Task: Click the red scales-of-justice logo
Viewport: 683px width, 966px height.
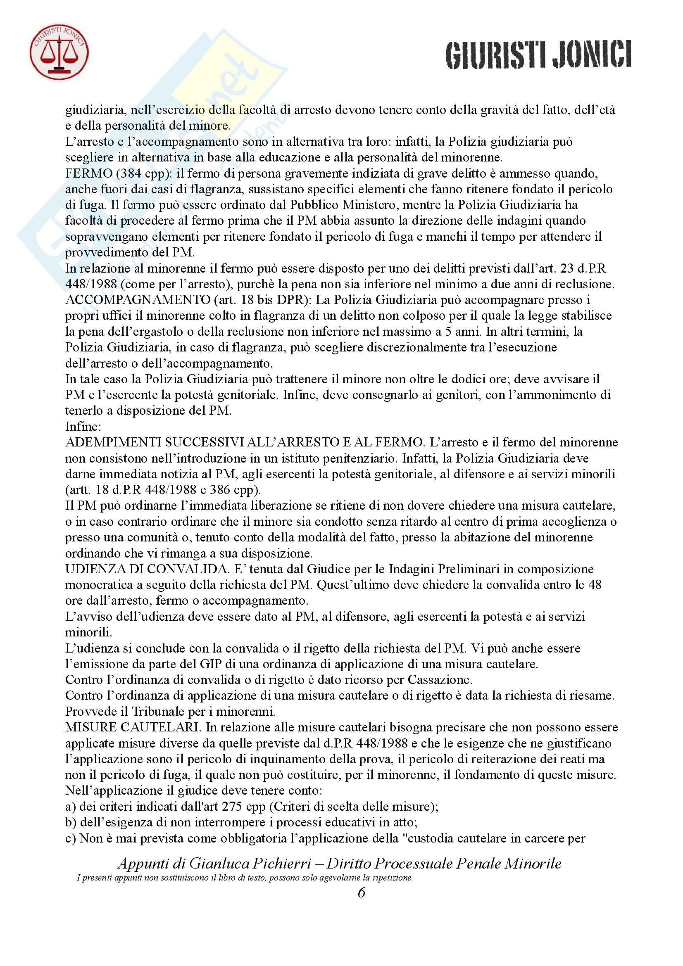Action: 59,52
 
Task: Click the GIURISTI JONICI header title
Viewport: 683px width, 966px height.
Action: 539,55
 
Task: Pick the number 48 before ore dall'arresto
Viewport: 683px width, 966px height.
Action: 594,585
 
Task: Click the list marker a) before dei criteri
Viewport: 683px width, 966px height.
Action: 70,807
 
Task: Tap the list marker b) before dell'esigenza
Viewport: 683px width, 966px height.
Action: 71,823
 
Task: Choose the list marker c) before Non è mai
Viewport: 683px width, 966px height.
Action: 70,838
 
